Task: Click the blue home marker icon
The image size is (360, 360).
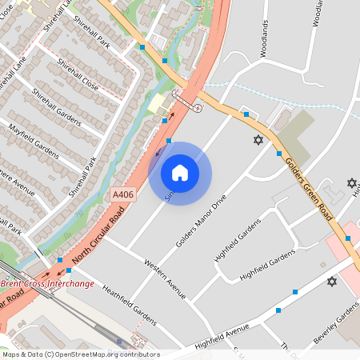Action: pos(179,173)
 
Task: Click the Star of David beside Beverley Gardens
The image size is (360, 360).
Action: pos(332,282)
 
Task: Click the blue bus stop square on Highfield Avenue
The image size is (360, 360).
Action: pos(278,310)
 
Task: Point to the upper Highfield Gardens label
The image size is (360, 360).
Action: pos(233,242)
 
